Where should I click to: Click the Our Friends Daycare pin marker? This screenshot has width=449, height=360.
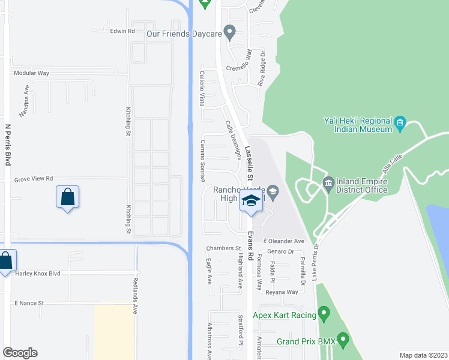pyautogui.click(x=229, y=32)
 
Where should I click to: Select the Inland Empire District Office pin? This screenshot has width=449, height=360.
pyautogui.click(x=328, y=182)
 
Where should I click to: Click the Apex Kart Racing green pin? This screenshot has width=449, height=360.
pyautogui.click(x=324, y=313)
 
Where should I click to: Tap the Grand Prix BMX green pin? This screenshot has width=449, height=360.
pyautogui.click(x=343, y=340)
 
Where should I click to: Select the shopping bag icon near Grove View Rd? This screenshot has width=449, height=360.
pyautogui.click(x=68, y=197)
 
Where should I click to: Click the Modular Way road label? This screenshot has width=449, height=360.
pyautogui.click(x=31, y=73)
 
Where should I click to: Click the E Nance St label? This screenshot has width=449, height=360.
pyautogui.click(x=29, y=304)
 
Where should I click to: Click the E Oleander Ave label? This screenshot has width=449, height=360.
pyautogui.click(x=284, y=241)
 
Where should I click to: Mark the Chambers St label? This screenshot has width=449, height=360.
pyautogui.click(x=223, y=248)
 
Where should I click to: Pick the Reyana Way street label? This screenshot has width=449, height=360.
pyautogui.click(x=282, y=292)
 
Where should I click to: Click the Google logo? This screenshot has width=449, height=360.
pyautogui.click(x=20, y=353)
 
